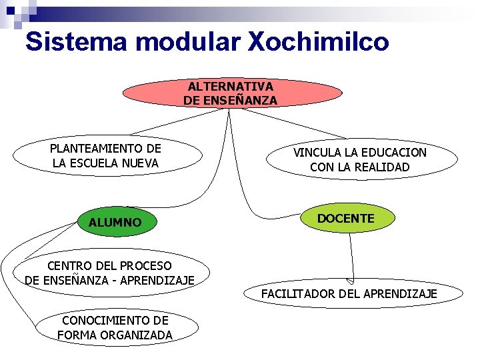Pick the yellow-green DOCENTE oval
pyautogui.click(x=345, y=219)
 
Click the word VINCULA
pyautogui.click(x=317, y=153)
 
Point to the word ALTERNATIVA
pyautogui.click(x=230, y=87)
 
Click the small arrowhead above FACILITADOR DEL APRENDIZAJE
pyautogui.click(x=349, y=281)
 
